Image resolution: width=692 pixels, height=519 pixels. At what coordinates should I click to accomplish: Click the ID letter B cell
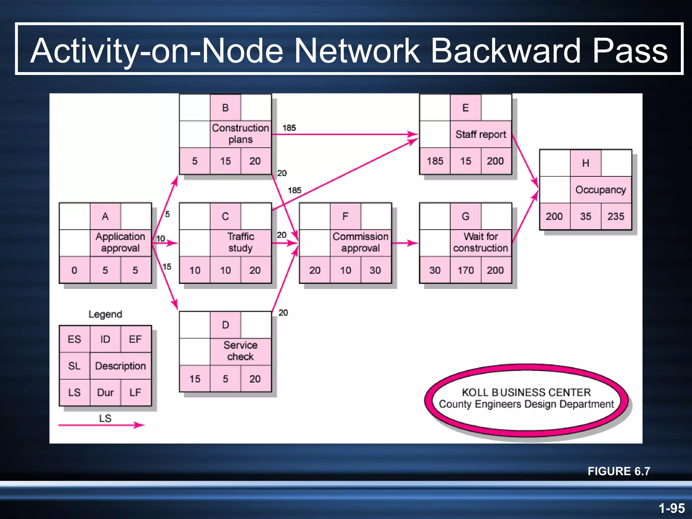(225, 108)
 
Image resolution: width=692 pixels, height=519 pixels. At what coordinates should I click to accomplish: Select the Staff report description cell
(480, 134)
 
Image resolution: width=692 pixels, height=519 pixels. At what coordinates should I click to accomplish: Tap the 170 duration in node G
(465, 270)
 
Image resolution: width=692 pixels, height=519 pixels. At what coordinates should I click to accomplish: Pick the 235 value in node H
(616, 216)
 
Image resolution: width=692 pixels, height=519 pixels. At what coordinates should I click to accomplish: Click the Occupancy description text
(600, 190)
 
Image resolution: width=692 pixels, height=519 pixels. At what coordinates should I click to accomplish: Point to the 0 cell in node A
(74, 270)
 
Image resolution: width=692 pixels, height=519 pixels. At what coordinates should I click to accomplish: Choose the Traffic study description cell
(240, 242)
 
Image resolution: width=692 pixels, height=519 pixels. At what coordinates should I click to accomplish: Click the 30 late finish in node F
(375, 270)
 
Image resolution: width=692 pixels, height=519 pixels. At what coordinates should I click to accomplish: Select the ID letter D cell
(225, 325)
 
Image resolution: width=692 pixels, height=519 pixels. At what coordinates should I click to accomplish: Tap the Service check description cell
(240, 351)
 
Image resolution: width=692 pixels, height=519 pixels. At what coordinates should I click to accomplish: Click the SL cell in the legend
(74, 366)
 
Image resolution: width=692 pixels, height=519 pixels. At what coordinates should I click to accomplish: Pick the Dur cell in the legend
(105, 393)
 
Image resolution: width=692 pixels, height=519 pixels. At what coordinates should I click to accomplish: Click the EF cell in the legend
(135, 339)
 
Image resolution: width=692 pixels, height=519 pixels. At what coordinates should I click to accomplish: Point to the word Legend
(105, 314)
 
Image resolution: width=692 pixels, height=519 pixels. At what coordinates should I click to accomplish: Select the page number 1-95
(671, 508)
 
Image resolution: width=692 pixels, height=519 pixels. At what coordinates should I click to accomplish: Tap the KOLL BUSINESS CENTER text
(526, 392)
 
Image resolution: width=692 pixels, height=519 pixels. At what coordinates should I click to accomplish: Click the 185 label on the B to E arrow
(289, 128)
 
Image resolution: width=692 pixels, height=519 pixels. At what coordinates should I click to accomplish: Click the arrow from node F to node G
(405, 243)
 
